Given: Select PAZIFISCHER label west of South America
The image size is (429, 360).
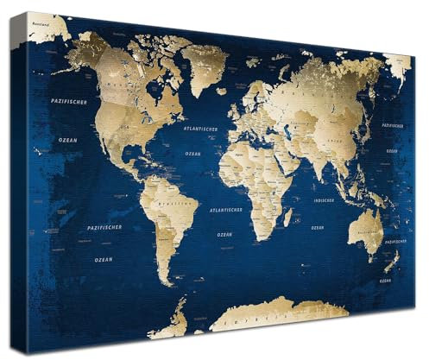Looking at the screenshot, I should tap(104, 227).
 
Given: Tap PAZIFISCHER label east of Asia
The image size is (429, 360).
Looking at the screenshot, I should tap(394, 124).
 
